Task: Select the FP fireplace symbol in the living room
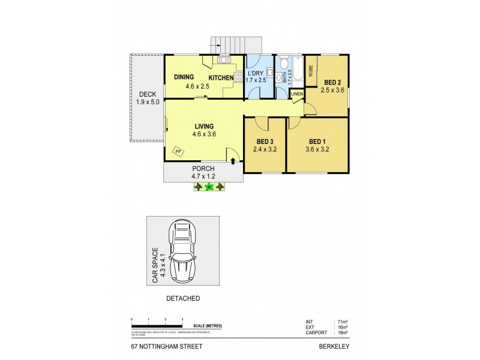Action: pos(178,152)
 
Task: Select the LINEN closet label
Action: pos(296,94)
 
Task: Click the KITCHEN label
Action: pos(221,78)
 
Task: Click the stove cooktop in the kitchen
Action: pos(229,76)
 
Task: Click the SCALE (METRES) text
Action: pos(203,326)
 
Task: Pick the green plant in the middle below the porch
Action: pos(209,187)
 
